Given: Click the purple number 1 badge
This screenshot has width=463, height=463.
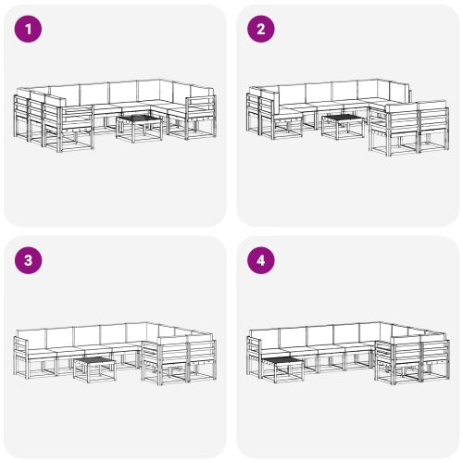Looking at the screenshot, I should point(30,30).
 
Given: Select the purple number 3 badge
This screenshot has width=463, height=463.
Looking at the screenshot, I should point(30,261).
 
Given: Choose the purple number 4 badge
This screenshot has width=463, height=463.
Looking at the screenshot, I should point(261,261).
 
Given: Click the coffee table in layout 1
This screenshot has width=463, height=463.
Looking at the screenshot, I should point(139,127).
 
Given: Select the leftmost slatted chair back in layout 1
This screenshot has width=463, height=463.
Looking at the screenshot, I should point(20,110).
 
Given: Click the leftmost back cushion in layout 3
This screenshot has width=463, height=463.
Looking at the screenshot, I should point(34,337).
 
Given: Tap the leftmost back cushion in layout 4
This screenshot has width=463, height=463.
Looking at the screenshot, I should point(266,337).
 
